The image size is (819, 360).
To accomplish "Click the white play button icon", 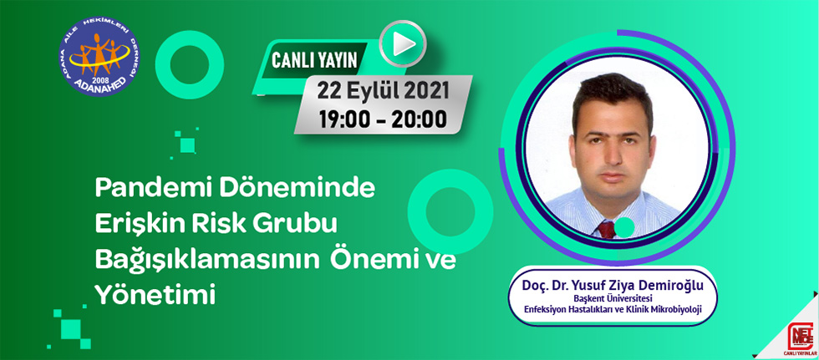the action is point(403,43).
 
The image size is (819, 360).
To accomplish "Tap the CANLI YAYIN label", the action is point(314,60).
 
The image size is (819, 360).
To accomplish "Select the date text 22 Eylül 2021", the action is point(384,91).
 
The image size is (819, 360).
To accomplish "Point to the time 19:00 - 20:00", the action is point(384,119).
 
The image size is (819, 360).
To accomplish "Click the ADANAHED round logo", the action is point(99,56).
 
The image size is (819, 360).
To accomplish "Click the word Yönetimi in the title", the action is point(155,296).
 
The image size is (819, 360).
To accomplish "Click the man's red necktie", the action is point(607,229).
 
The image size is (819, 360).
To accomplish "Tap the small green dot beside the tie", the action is point(624,226).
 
